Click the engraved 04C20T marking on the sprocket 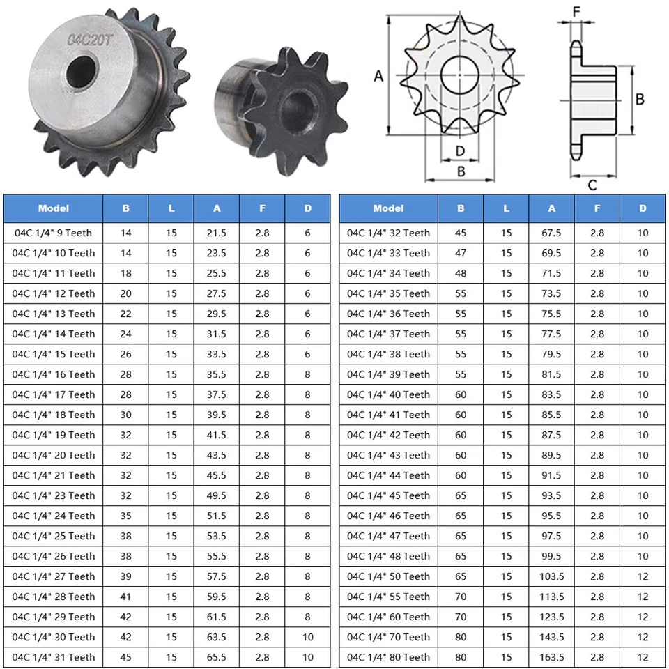tap(90, 40)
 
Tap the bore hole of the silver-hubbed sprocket tap(81, 71)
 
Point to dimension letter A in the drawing tap(378, 77)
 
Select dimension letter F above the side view tap(576, 12)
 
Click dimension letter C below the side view tap(592, 185)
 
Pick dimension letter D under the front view tap(460, 151)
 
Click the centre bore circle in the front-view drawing tap(460, 75)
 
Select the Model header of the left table tap(54, 208)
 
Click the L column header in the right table tap(506, 208)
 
